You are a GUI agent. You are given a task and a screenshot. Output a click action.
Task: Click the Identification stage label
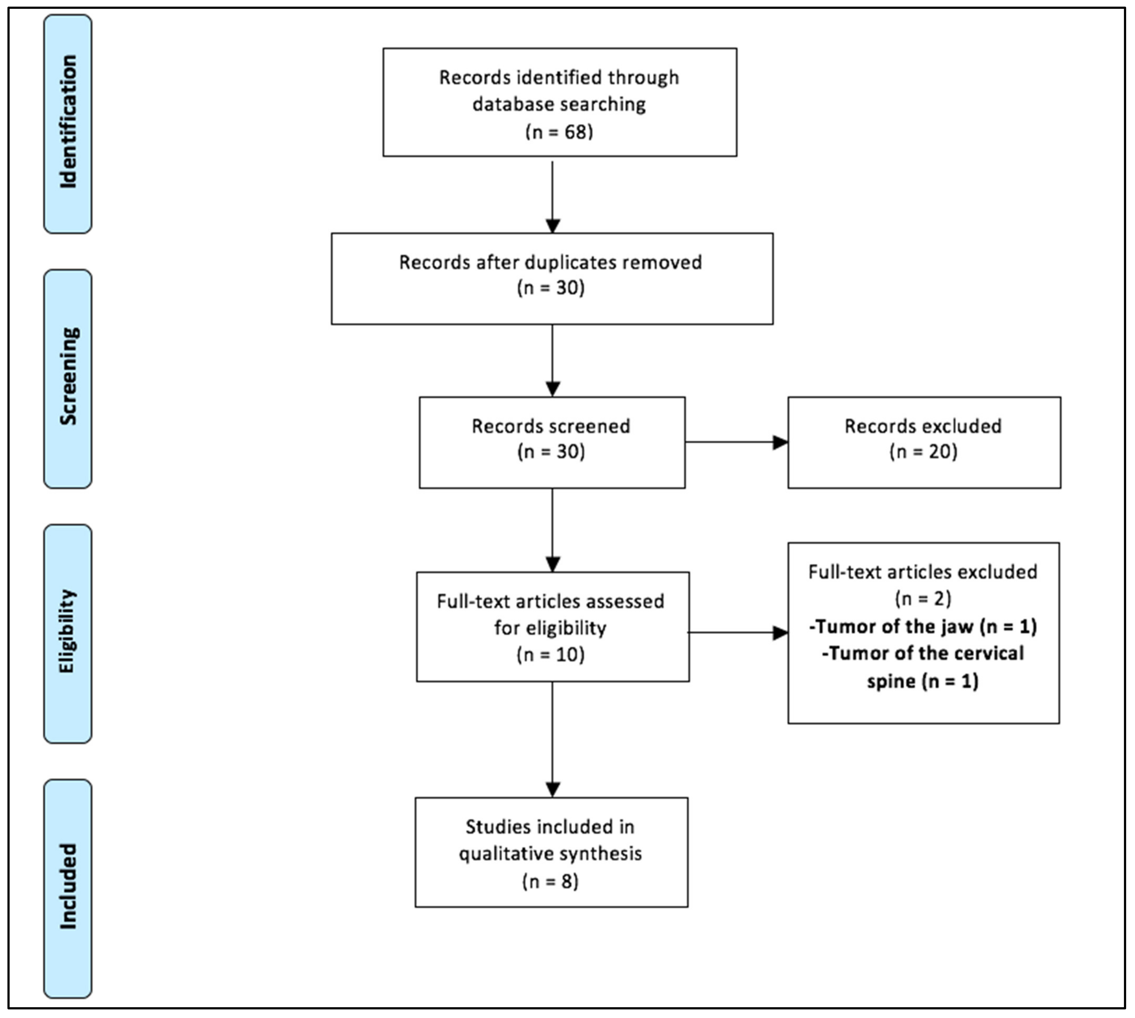(68, 123)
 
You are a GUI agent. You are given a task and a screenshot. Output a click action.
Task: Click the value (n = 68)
(559, 132)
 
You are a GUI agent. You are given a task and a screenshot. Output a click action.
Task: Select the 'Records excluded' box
(924, 443)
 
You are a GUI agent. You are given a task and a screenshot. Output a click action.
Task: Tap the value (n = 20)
(923, 451)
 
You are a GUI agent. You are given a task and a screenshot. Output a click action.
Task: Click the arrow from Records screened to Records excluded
(736, 443)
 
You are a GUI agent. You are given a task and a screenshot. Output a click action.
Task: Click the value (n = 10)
(551, 654)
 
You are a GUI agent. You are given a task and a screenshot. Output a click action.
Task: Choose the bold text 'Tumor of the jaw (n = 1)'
(923, 627)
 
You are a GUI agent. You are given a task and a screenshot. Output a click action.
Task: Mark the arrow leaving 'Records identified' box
(553, 196)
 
